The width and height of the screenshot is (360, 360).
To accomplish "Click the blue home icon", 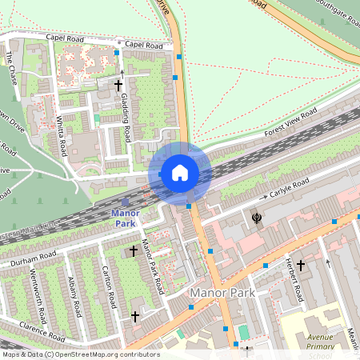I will click(179, 172).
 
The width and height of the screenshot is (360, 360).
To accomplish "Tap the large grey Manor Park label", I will click(222, 293).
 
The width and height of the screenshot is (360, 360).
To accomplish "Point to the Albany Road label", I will click(74, 296).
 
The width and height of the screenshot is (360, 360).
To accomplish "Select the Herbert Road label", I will click(295, 280).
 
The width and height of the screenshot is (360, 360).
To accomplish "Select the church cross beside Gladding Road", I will click(118, 84).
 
